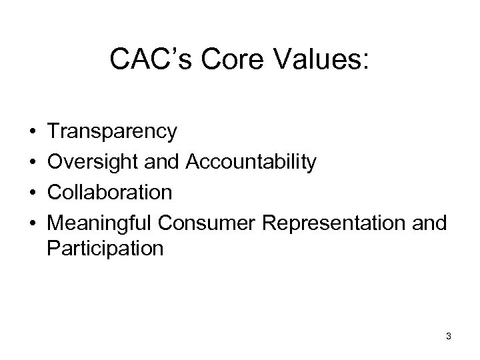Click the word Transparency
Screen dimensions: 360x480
(112, 132)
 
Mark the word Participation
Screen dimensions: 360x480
(105, 249)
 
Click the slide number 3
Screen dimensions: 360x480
(448, 337)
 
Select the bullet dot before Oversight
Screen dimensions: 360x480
(32, 163)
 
